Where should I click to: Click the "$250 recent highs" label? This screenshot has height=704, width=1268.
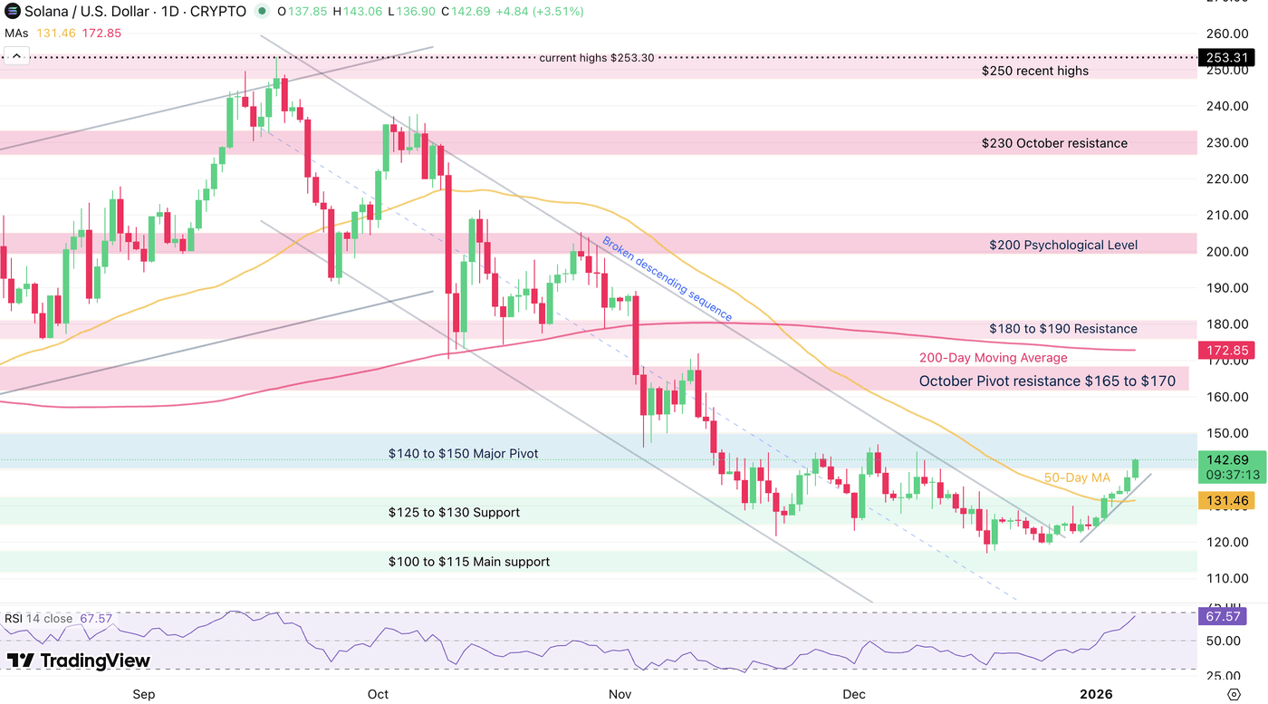click(x=1035, y=71)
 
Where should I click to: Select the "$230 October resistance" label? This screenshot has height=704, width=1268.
click(x=1054, y=143)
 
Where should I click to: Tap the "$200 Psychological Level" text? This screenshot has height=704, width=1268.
click(x=1063, y=245)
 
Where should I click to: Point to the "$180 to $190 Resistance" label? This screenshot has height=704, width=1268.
click(x=1062, y=329)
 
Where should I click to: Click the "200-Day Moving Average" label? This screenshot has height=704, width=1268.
click(x=993, y=358)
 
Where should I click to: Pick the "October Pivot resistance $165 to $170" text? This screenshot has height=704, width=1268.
click(x=1047, y=381)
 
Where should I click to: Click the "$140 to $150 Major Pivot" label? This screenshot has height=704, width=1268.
click(x=463, y=453)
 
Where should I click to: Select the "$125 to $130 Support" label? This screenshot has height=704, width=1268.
click(x=454, y=513)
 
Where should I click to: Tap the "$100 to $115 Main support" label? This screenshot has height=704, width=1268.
click(x=468, y=562)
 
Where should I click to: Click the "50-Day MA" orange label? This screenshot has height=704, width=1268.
click(x=1077, y=477)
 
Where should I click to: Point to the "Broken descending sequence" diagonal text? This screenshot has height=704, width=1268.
click(x=668, y=280)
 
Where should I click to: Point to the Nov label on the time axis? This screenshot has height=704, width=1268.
click(x=620, y=695)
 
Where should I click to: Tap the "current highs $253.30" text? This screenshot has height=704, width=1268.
click(x=596, y=58)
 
